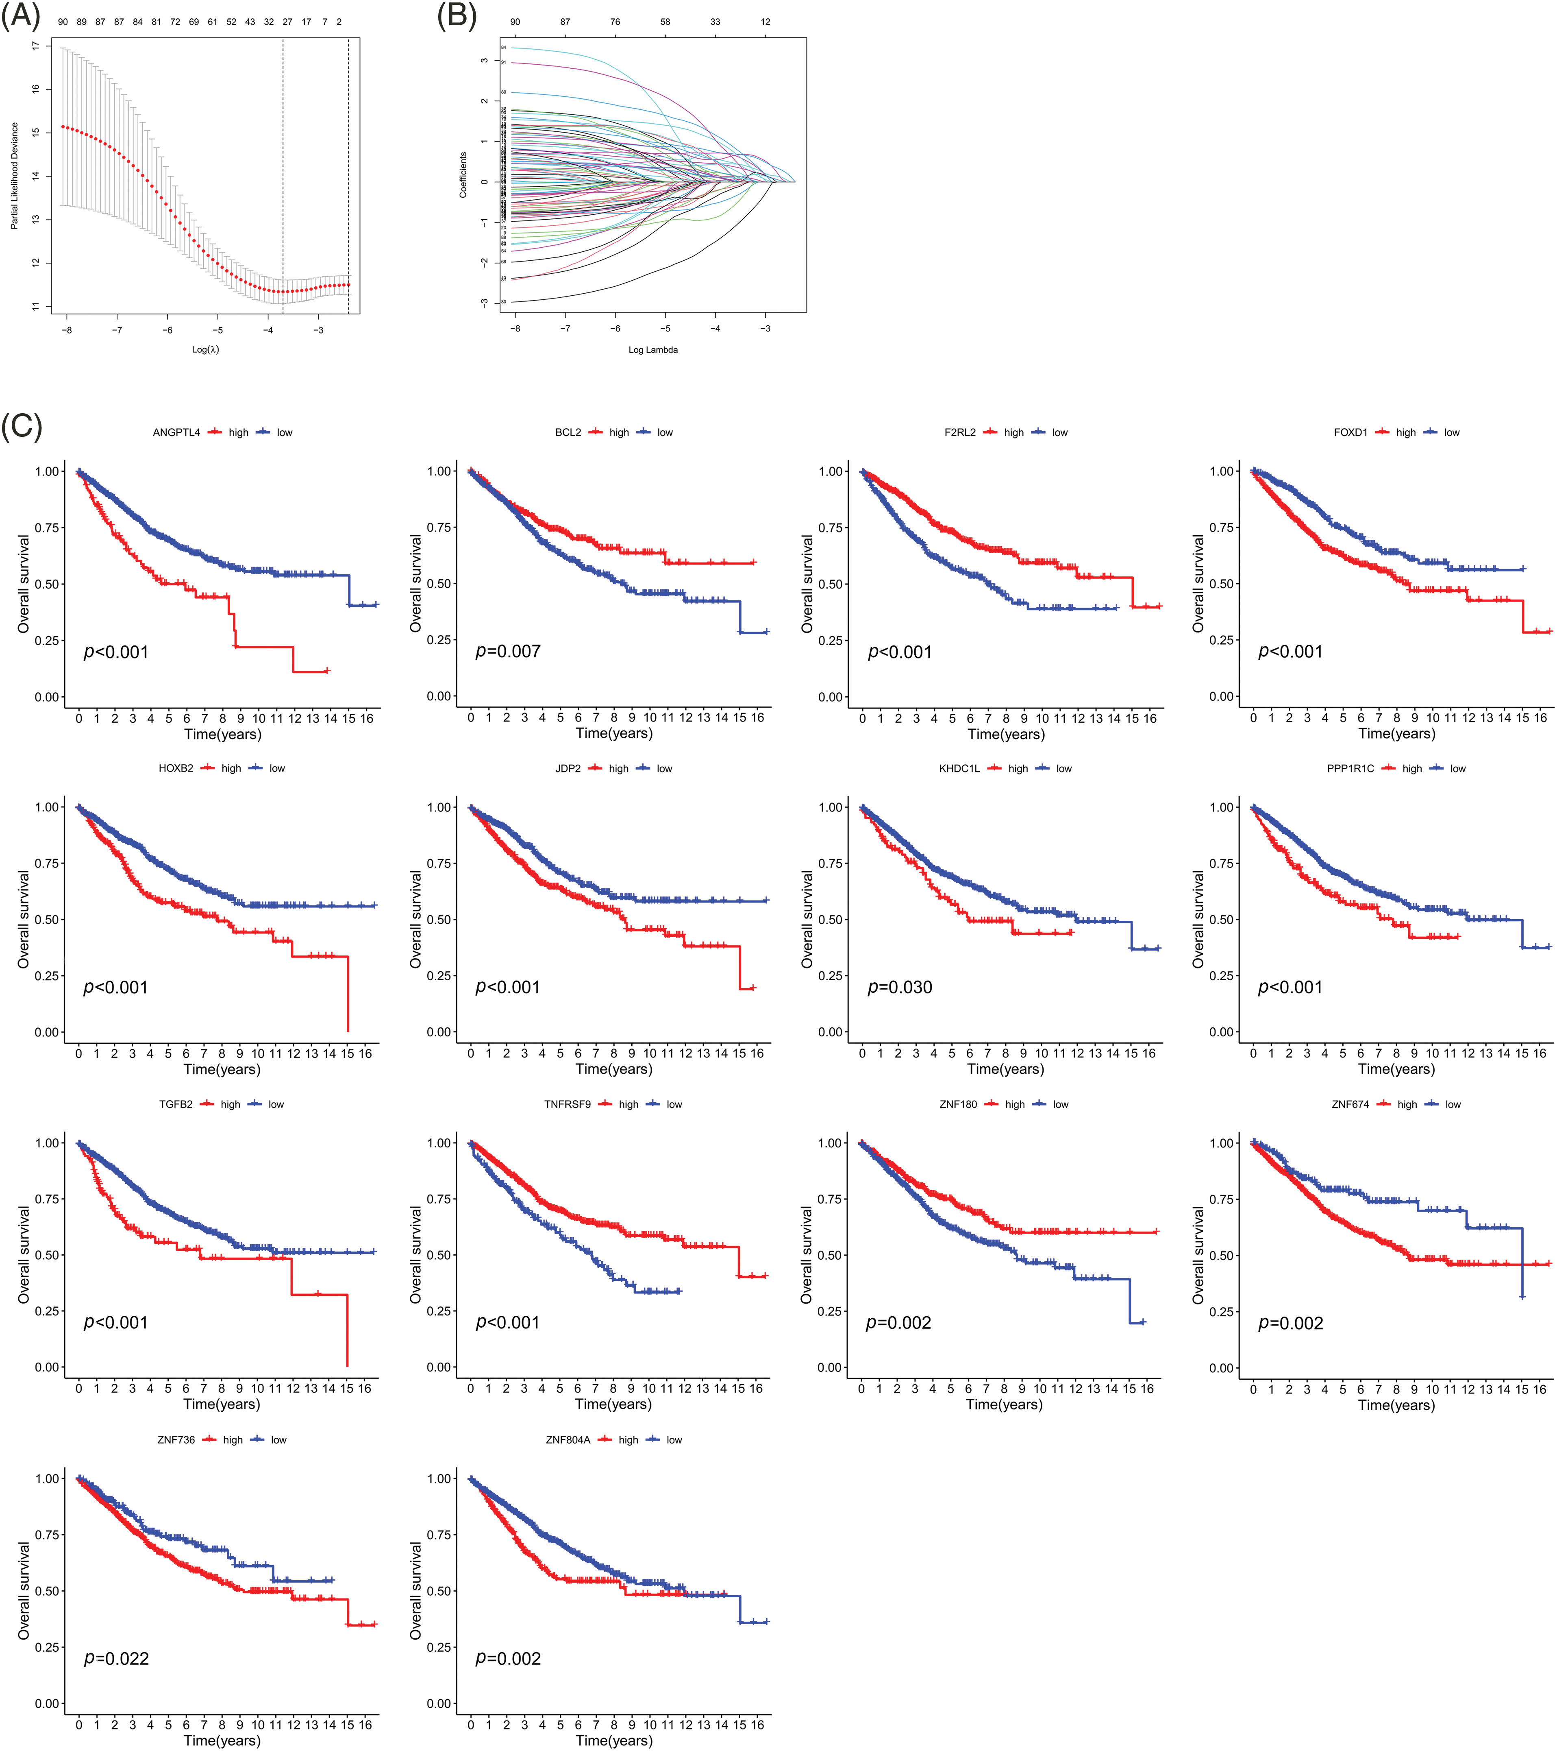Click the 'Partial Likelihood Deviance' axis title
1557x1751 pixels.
click(15, 176)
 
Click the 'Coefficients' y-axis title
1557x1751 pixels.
click(463, 176)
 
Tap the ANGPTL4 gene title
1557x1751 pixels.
click(176, 433)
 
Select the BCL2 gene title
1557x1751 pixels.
click(568, 433)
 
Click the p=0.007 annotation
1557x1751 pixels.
click(508, 652)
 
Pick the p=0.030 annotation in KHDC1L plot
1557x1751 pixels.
click(899, 988)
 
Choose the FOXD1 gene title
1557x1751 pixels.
click(1350, 433)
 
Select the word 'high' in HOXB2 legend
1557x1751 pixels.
click(231, 768)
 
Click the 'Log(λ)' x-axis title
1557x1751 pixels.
click(206, 349)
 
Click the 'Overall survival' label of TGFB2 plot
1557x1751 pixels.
click(24, 1255)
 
